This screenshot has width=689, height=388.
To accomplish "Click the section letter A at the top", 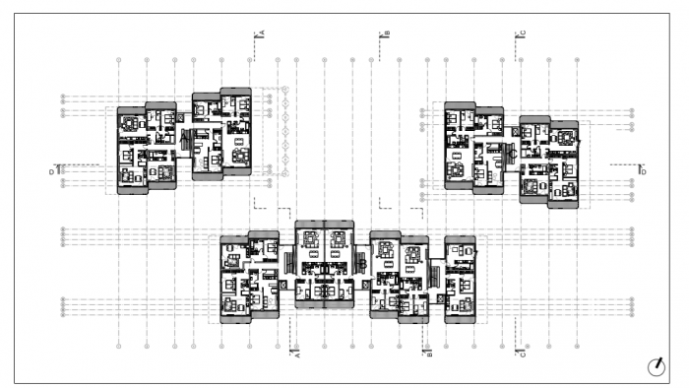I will point(263,33).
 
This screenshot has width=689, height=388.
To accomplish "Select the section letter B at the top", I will point(388,33).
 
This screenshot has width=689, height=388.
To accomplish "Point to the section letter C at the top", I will point(523,33).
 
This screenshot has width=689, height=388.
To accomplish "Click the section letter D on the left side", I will point(51,171).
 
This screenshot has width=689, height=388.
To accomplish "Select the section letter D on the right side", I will point(643,171).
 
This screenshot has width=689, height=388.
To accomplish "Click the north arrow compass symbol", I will point(656,367).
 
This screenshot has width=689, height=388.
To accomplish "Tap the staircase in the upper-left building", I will point(184,144).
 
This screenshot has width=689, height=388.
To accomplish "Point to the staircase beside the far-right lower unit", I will point(439,267).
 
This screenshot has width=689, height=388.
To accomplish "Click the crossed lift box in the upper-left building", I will point(183,118).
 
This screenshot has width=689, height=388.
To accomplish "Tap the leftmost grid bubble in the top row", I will point(119,60).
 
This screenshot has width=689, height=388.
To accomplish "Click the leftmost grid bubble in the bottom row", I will point(119,347).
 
